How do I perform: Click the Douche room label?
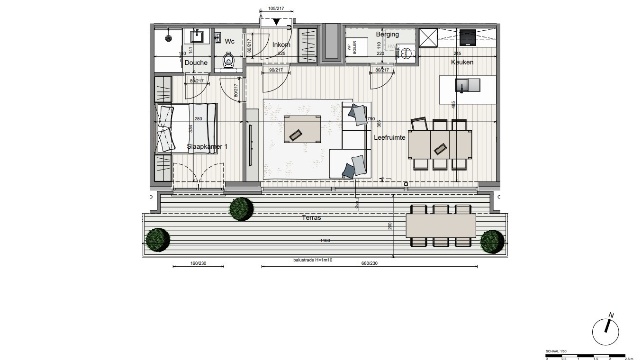[x=196, y=63]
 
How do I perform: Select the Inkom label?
[x=281, y=45]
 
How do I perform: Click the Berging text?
[x=387, y=34]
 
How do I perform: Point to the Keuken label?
[x=461, y=62]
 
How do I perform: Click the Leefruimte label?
[x=389, y=137]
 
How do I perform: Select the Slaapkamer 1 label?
[x=207, y=146]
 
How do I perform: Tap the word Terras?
[x=311, y=217]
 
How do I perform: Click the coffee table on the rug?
[x=302, y=128]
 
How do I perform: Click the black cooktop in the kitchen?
[x=468, y=37]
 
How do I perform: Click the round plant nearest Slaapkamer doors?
[x=241, y=209]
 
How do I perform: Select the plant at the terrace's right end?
[x=492, y=241]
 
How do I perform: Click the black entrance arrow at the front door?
[x=277, y=21]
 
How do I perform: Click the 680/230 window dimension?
[x=370, y=263]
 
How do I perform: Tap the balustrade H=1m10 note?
[x=313, y=261]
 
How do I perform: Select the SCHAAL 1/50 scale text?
[x=556, y=351]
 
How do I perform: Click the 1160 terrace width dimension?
[x=325, y=241]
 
